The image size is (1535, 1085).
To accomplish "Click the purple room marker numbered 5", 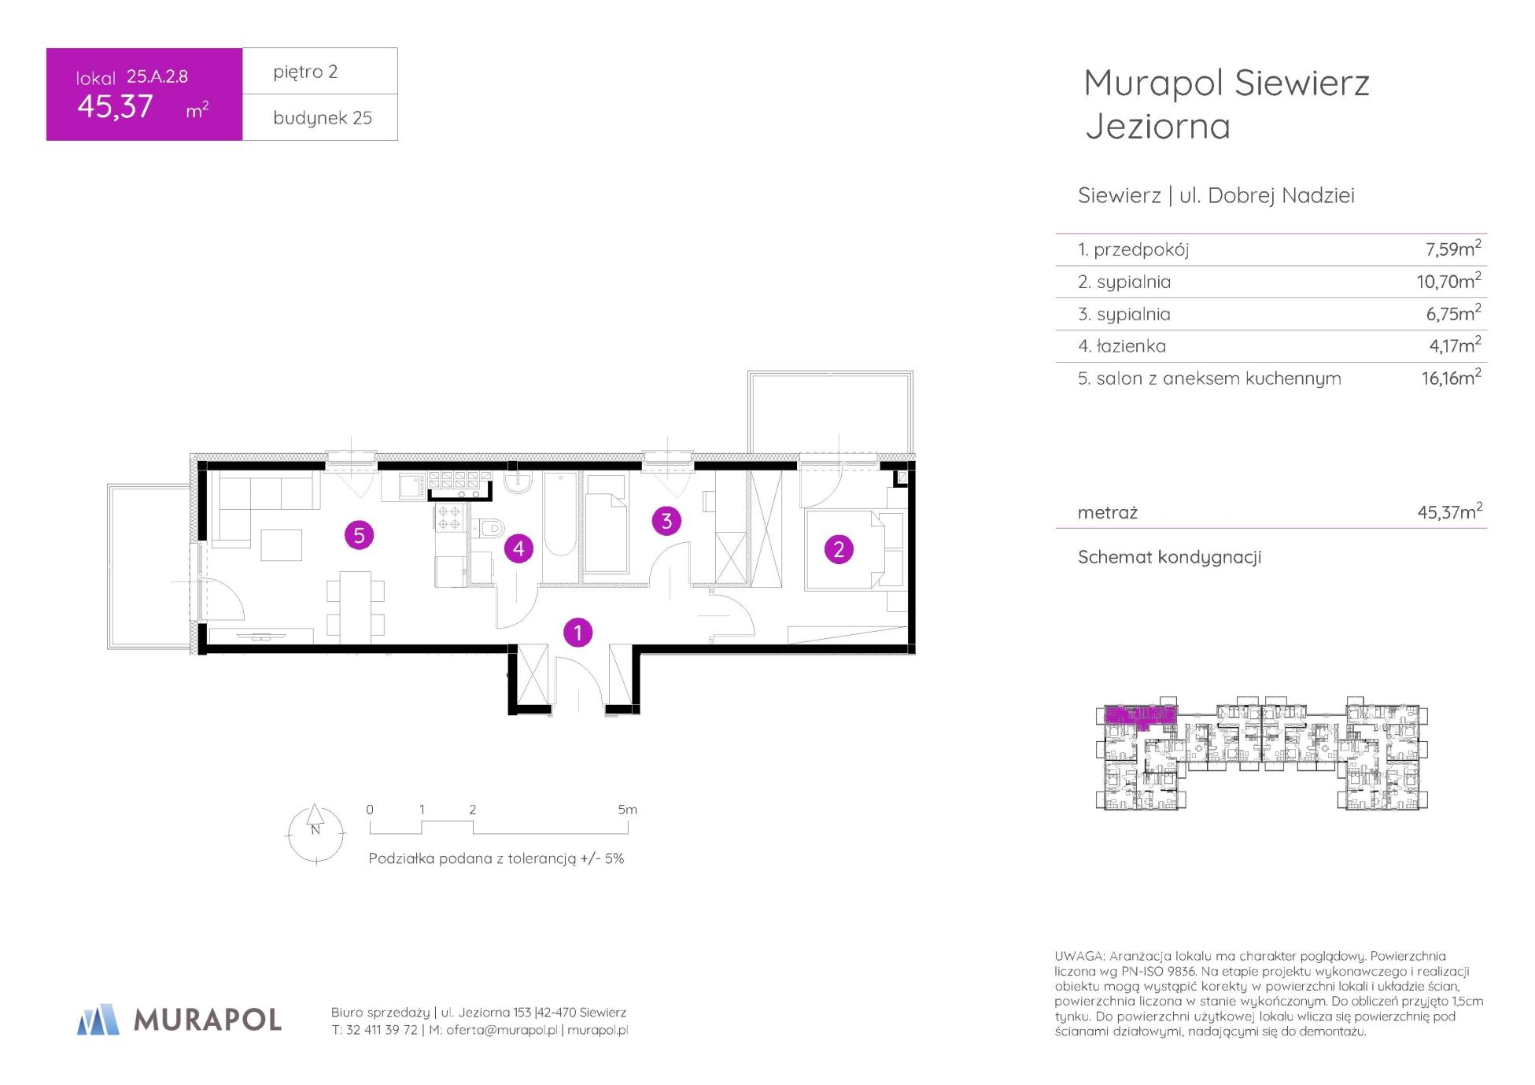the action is coord(359,536).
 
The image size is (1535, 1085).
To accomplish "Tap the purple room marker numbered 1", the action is coord(578,633).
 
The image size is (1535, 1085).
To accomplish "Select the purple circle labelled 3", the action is coord(666,521).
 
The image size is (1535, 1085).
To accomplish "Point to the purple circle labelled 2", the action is coord(839,549).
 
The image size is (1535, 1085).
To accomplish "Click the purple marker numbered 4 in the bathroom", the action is coord(518,548).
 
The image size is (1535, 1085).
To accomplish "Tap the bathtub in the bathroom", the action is coord(559,515).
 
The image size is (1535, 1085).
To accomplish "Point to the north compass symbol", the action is coord(315,833).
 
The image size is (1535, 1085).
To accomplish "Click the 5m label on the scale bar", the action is coord(627,810).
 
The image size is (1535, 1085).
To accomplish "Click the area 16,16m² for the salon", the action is coord(1451,378).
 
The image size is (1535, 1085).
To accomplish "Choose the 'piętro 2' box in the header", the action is coord(319,72).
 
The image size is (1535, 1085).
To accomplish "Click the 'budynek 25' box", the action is coord(319,118).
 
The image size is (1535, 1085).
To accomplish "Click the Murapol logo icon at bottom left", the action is coord(98,1019).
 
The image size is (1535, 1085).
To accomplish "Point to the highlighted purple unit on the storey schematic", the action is coord(1139,716).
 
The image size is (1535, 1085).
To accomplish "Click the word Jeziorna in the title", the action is coord(1157,127).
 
